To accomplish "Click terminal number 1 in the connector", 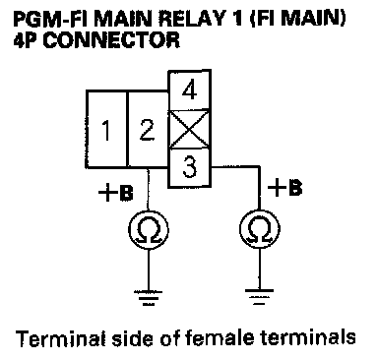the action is pos(106,129).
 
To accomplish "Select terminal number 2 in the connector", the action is pos(148,129).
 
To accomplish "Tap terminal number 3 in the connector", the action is pos(189,168).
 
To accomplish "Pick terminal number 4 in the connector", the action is pos(189,90).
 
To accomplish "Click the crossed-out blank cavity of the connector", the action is pos(189,129).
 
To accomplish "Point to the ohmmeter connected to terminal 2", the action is pos(149,229).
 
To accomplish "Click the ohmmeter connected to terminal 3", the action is pos(260,229).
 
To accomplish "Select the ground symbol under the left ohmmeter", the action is pos(149,298).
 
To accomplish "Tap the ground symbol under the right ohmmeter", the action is pos(260,297).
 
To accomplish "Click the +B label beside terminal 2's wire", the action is pos(116,194).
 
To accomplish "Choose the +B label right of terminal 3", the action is pos(284,188).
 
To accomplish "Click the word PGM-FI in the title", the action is pos(51,19).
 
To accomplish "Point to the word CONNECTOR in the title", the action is pos(111,40).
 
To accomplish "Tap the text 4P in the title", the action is pos(27,40).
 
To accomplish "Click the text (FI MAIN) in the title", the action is pos(297,19).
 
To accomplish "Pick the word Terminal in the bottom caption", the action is pos(61,338).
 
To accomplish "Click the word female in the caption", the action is pos(222,338).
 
